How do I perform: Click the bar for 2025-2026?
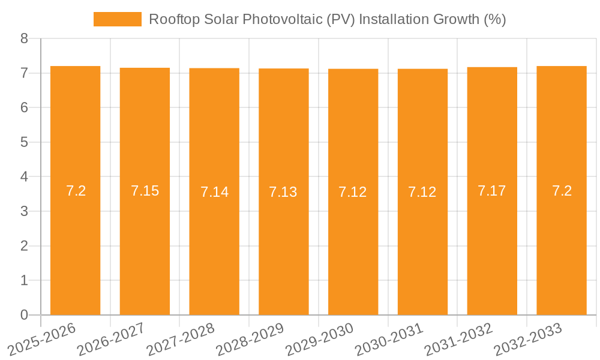tap(76, 240)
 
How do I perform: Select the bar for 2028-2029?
tap(284, 240)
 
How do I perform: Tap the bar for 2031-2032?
tap(492, 240)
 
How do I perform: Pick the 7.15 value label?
tap(145, 191)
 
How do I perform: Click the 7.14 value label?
tap(214, 192)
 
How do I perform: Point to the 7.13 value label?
tap(283, 192)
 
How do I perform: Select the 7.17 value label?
tap(492, 191)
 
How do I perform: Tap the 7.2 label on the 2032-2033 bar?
tap(562, 191)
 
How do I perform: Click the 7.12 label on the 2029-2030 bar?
tap(353, 192)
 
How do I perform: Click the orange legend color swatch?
tap(118, 19)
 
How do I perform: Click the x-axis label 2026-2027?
tap(112, 338)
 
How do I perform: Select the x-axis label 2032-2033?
tap(529, 338)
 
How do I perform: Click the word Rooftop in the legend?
tap(170, 19)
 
